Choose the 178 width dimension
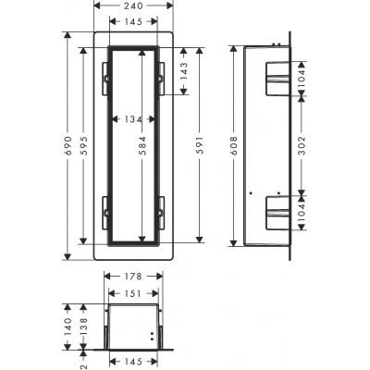pos(137,275)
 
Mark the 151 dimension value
pos(135,294)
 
